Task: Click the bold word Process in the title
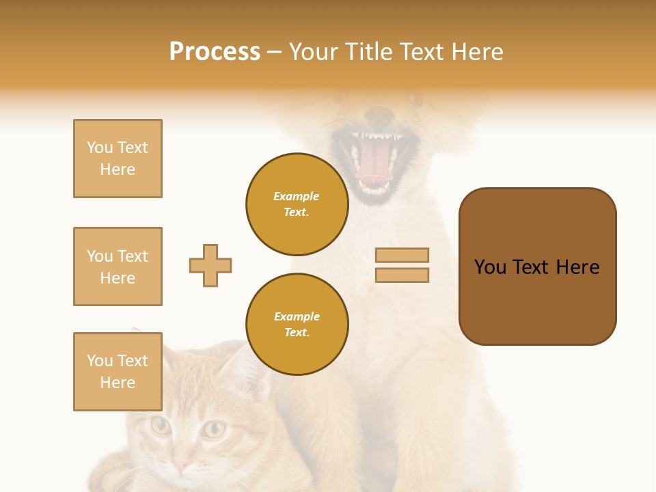[215, 52]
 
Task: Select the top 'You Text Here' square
[118, 159]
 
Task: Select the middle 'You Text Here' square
[118, 266]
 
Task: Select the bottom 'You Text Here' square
[118, 371]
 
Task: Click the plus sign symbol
[210, 265]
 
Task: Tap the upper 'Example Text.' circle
[297, 204]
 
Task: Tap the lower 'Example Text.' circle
[297, 324]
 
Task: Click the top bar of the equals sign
[402, 255]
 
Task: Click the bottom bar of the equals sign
[402, 275]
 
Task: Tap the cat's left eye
[161, 426]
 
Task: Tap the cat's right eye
[215, 429]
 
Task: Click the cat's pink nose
[181, 466]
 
